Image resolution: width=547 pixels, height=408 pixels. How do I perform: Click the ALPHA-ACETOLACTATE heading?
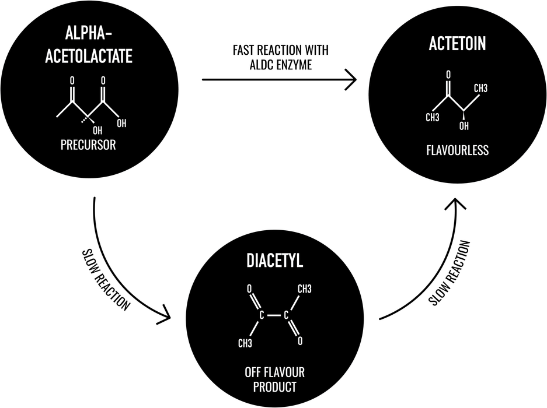[x=88, y=45]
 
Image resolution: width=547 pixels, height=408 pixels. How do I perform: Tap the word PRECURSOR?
[x=88, y=145]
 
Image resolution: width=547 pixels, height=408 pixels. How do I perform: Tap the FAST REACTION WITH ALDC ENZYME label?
[x=280, y=58]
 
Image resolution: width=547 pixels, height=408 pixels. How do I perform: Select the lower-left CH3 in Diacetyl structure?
[x=245, y=343]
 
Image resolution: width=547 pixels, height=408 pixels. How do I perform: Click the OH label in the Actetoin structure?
[x=464, y=126]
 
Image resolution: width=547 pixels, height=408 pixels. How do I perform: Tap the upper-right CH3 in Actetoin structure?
[x=480, y=89]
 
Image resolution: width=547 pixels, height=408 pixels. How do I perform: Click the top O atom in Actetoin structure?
[x=448, y=75]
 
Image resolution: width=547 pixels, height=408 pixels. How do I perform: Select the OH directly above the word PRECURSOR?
[x=97, y=130]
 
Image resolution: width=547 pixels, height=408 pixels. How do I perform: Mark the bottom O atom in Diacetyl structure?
[x=300, y=341]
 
